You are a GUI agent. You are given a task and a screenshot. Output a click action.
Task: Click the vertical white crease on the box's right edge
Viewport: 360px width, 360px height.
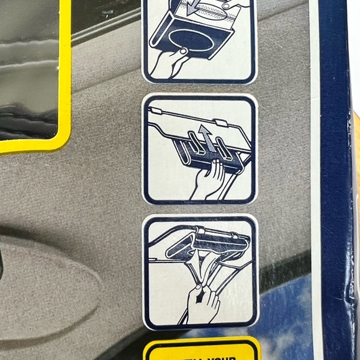click(x=316, y=186)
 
